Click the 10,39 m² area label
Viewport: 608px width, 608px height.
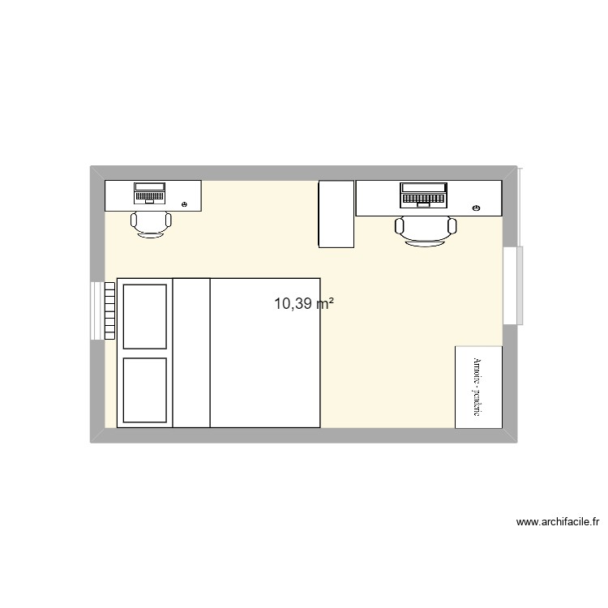click(304, 305)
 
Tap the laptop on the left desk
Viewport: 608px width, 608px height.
click(149, 194)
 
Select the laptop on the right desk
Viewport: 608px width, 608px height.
click(423, 195)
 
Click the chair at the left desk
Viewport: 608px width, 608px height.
click(152, 223)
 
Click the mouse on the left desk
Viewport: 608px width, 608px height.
click(186, 204)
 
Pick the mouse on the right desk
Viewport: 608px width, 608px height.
click(476, 209)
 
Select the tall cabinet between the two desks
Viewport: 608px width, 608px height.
click(336, 214)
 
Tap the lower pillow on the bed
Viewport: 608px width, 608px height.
click(145, 388)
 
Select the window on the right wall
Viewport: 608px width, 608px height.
click(511, 286)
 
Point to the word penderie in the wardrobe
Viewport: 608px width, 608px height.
click(478, 403)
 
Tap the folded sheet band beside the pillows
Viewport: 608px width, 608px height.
click(192, 353)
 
